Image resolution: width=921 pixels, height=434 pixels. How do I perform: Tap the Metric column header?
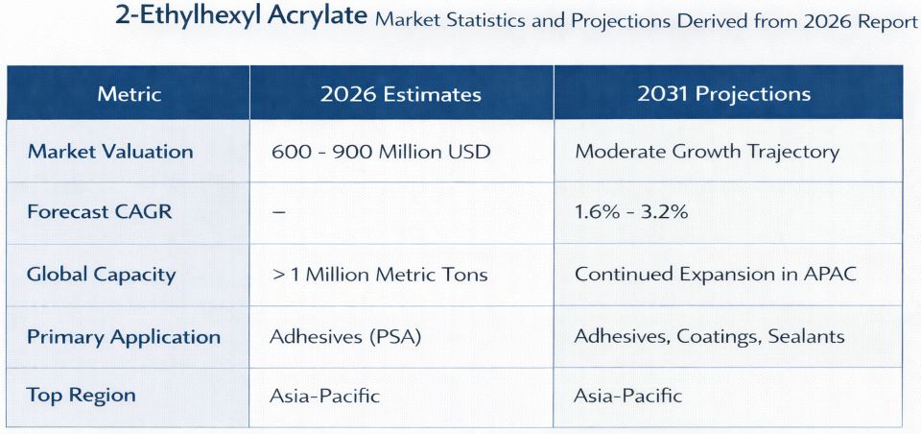tap(130, 94)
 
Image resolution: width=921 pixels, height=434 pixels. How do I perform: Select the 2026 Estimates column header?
tap(401, 94)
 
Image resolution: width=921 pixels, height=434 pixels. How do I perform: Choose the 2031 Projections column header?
tap(724, 94)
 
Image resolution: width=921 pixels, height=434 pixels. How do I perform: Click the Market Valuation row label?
tap(110, 152)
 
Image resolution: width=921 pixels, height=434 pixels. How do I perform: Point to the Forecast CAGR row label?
tap(99, 211)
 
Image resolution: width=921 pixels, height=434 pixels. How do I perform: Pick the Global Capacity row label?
tap(101, 275)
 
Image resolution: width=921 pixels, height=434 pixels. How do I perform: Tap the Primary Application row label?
tap(124, 338)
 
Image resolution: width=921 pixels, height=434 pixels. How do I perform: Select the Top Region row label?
tap(81, 396)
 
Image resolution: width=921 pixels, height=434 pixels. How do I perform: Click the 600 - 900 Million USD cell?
tap(381, 152)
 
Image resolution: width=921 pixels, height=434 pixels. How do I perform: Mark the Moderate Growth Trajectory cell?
tap(707, 152)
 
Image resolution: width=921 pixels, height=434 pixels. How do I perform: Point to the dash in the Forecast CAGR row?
tap(279, 212)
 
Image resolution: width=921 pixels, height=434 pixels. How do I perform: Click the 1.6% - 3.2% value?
tap(631, 211)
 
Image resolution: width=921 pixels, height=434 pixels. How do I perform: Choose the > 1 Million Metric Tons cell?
tap(380, 275)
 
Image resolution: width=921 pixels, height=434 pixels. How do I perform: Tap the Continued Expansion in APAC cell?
tap(716, 275)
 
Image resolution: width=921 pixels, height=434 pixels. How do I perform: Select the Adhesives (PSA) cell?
tap(345, 338)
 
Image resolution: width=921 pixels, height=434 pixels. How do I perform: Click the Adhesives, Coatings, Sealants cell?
tap(710, 337)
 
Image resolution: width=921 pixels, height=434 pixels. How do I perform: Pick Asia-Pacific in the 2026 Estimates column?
tap(325, 396)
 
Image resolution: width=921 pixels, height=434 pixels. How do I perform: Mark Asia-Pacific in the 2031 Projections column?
tap(627, 396)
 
